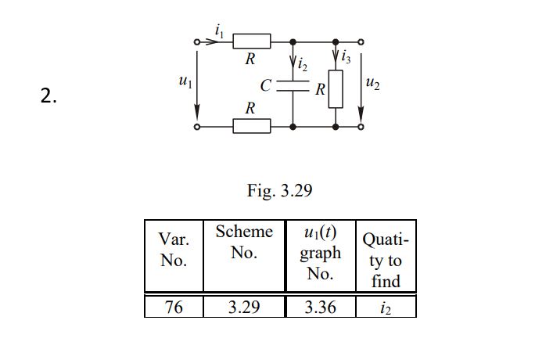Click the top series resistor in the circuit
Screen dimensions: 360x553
coord(252,41)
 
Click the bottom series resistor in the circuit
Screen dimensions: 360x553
coord(252,126)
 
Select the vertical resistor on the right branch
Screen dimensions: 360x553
coord(336,88)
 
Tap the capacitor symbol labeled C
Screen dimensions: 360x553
coord(293,85)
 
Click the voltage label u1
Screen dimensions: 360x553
coord(185,81)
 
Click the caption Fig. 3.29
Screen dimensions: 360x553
coord(279,192)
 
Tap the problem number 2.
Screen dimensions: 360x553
coord(48,97)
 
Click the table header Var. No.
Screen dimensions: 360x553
coord(174,250)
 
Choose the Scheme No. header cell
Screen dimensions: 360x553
coord(244,242)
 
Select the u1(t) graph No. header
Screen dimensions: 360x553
coord(320,253)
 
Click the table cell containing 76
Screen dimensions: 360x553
coord(174,307)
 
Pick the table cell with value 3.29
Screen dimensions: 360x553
coord(244,307)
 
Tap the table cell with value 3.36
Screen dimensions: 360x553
coord(320,307)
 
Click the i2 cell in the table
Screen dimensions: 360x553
coord(386,307)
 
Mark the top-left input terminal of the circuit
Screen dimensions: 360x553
coord(198,41)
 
